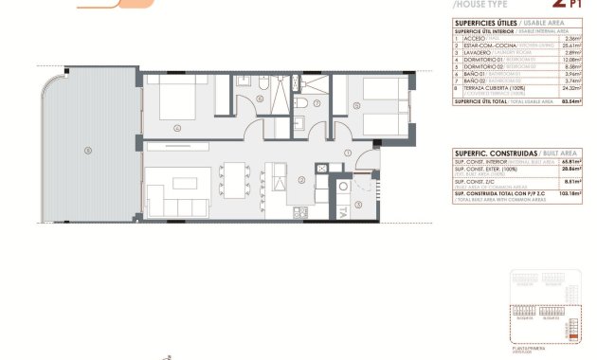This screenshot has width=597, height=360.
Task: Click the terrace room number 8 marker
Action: click(88, 150)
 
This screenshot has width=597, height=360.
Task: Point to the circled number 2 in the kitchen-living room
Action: click(299, 180)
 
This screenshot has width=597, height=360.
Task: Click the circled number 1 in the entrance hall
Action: click(348, 153)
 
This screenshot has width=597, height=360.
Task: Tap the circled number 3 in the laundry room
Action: click(357, 205)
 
